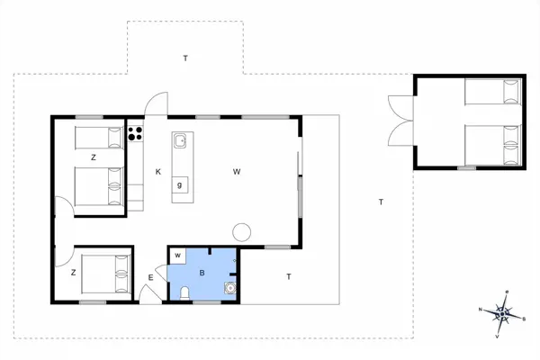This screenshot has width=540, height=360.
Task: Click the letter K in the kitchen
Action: click(x=157, y=171)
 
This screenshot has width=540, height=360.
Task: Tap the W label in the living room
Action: click(x=237, y=171)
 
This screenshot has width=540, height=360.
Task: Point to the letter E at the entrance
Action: click(x=151, y=277)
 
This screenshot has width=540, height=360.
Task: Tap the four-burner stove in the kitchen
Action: click(x=136, y=134)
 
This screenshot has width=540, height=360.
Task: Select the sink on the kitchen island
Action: click(x=180, y=140)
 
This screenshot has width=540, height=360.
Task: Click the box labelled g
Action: click(x=180, y=185)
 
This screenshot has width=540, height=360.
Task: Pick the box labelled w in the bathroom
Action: click(x=177, y=256)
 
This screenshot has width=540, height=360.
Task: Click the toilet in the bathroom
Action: click(x=184, y=292)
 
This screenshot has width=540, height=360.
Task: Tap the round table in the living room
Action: click(x=242, y=230)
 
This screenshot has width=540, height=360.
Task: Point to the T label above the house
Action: click(x=185, y=58)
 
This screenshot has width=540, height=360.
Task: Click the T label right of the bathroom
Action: click(x=288, y=275)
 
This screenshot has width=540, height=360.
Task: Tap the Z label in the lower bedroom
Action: click(x=73, y=270)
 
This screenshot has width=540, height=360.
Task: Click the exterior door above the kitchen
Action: click(x=155, y=105)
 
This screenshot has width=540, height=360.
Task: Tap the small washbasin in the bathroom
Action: click(x=230, y=288)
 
